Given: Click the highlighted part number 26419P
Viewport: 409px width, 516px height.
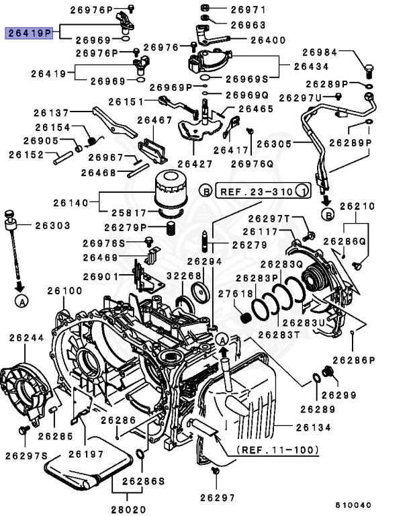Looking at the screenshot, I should pos(29,32).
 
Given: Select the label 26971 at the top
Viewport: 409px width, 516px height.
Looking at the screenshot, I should pos(248,9).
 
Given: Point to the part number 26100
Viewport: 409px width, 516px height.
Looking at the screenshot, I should pos(64,291).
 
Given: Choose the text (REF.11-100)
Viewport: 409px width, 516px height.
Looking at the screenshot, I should pos(277,449).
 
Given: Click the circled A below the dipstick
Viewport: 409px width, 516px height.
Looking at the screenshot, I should pos(21,302).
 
